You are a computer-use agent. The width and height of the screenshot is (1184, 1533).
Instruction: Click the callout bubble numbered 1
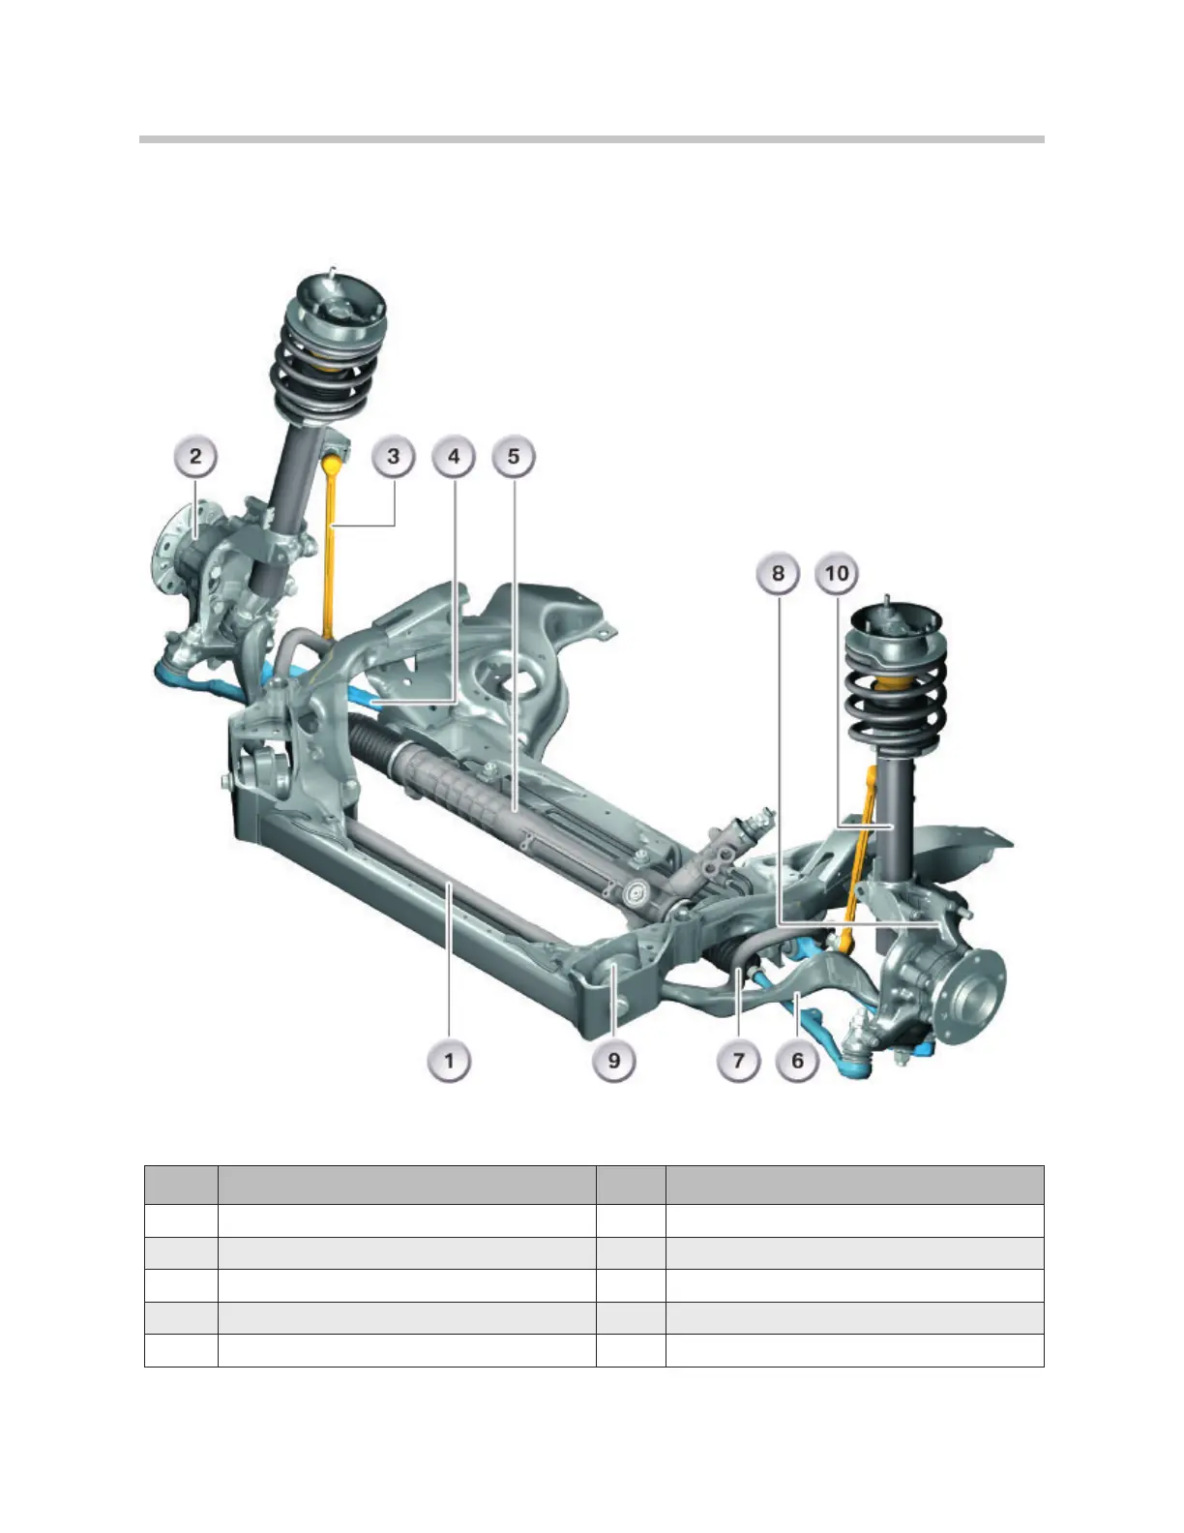click(x=449, y=1061)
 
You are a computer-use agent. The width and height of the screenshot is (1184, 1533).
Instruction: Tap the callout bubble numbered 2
click(x=195, y=457)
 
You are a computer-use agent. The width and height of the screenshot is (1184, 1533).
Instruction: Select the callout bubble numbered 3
click(x=394, y=457)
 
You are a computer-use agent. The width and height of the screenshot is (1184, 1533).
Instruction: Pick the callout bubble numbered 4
click(x=454, y=457)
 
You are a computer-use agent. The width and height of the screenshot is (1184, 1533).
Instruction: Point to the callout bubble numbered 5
click(x=514, y=457)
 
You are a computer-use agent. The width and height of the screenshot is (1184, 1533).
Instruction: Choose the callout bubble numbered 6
click(x=798, y=1061)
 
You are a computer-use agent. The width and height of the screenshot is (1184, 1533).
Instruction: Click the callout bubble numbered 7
click(x=738, y=1061)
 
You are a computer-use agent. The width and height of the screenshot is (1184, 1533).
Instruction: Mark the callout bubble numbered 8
click(x=778, y=573)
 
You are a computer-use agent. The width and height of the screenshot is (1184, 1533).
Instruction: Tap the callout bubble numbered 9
click(x=614, y=1061)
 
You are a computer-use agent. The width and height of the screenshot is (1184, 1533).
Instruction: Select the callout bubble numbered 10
click(x=837, y=573)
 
